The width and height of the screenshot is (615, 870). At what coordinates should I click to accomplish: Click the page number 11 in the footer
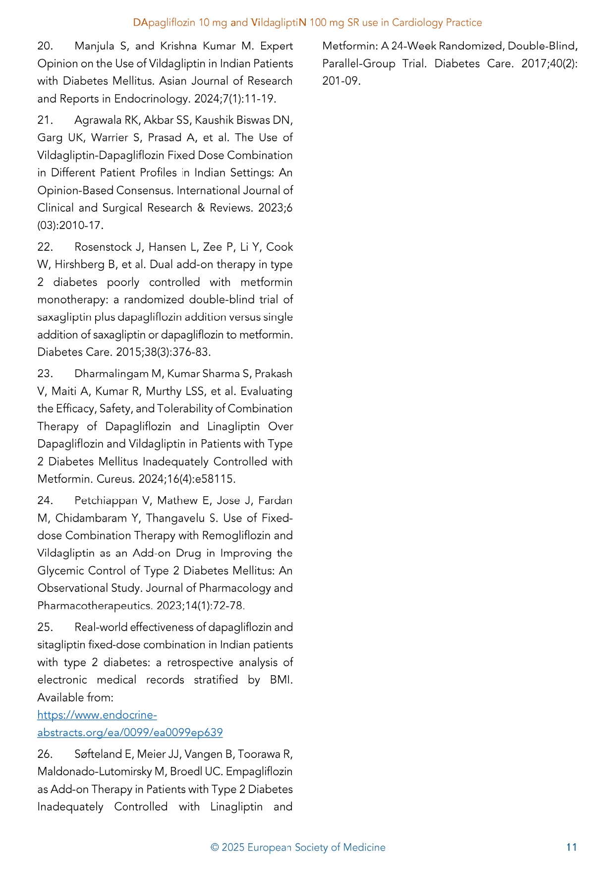[x=571, y=847]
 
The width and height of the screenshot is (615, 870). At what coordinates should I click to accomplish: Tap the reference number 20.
[x=45, y=46]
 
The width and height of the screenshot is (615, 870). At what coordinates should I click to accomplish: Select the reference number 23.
[x=45, y=374]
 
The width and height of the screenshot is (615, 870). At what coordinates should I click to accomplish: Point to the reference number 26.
[x=45, y=754]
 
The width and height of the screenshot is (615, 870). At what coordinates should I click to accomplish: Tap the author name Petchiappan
[x=106, y=501]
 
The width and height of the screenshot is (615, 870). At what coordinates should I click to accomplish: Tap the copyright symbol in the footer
[x=215, y=848]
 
